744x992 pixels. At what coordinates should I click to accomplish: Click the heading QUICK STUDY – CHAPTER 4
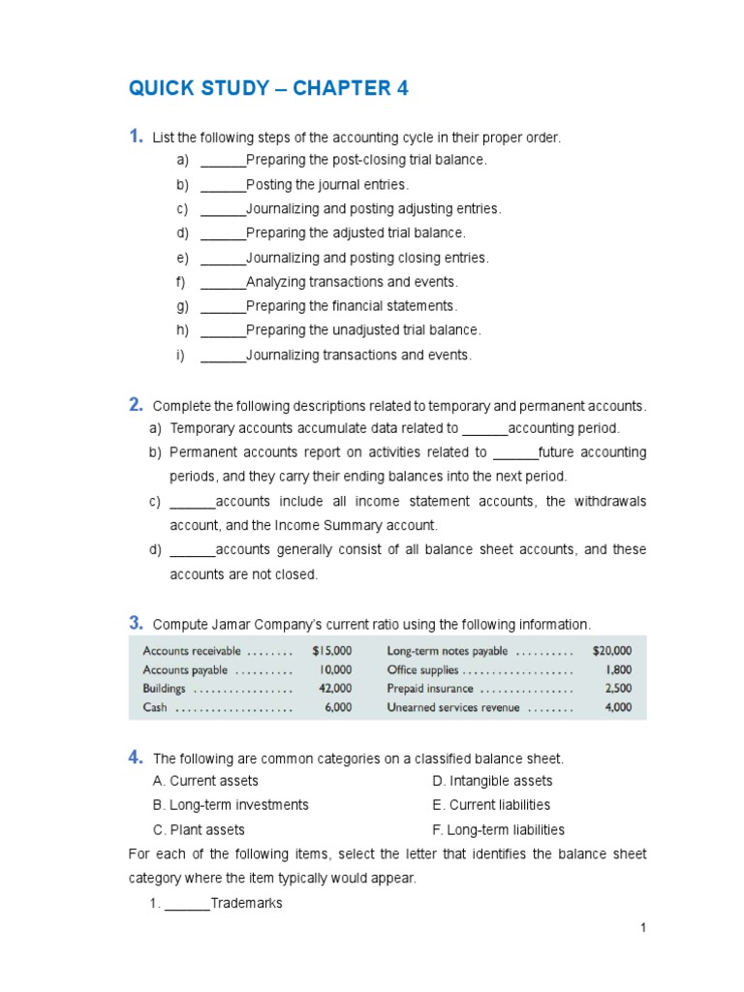[x=268, y=89]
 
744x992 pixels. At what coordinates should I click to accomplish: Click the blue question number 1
[x=136, y=137]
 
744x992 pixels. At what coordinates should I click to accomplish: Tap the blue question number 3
[x=136, y=622]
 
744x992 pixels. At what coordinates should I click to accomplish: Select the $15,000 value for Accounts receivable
[x=332, y=651]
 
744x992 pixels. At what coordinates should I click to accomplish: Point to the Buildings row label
[x=165, y=689]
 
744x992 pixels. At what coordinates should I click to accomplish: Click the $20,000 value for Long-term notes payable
[x=611, y=651]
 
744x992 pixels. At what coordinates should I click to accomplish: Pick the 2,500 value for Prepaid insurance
[x=618, y=689]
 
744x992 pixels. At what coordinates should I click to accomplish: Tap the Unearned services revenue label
[x=453, y=707]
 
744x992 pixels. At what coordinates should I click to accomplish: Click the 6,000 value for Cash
[x=338, y=707]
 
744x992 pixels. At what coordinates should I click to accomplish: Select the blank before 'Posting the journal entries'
[x=223, y=185]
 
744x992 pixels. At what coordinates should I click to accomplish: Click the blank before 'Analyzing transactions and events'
[x=223, y=282]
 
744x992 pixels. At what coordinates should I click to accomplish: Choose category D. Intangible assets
[x=492, y=781]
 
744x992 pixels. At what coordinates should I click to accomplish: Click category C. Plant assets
[x=199, y=830]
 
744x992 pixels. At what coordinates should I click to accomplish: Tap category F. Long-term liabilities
[x=498, y=830]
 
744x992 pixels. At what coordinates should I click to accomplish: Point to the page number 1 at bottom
[x=642, y=928]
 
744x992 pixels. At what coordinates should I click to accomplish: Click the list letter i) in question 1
[x=180, y=356]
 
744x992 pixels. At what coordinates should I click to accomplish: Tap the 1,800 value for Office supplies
[x=619, y=669]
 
